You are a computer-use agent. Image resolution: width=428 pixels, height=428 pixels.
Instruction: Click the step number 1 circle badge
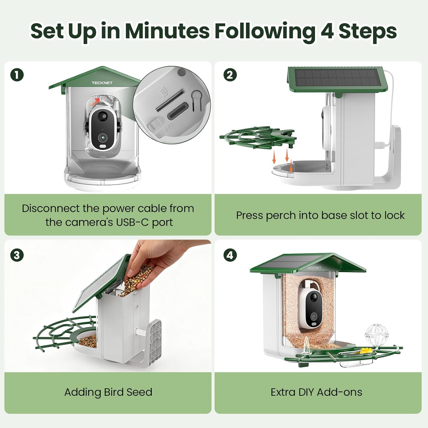[17, 75]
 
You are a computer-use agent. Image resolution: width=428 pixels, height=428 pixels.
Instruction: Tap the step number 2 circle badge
[230, 75]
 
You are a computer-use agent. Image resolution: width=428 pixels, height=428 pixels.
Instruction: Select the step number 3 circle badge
[17, 255]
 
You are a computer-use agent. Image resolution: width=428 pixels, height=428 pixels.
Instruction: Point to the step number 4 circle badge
[230, 255]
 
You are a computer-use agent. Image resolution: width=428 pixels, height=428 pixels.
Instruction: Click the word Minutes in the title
[167, 31]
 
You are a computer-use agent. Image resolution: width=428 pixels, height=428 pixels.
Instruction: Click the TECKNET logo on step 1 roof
[102, 83]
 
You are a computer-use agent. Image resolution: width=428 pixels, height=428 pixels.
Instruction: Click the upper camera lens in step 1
[102, 116]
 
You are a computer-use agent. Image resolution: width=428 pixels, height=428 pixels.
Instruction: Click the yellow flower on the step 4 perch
[364, 350]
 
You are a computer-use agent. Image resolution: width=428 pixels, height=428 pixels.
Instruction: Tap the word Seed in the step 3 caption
[139, 392]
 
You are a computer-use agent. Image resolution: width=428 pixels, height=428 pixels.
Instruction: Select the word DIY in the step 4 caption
[306, 392]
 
